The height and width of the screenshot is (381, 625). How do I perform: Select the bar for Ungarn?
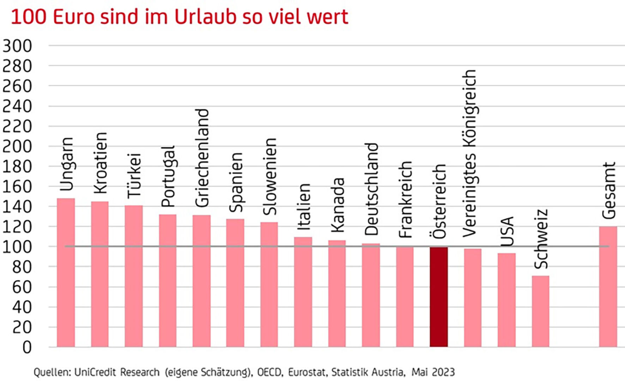(x=66, y=272)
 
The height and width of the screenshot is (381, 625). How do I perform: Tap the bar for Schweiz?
(x=540, y=311)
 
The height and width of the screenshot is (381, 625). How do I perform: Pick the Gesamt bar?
(x=608, y=286)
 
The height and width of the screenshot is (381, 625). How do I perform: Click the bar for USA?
(x=506, y=300)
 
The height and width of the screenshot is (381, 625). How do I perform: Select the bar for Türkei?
(x=134, y=276)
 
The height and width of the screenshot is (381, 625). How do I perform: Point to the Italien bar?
(x=303, y=292)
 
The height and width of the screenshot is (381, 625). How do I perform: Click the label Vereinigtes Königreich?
(x=470, y=153)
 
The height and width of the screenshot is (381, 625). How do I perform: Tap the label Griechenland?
(x=202, y=158)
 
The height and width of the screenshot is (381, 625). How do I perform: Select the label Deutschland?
(x=371, y=189)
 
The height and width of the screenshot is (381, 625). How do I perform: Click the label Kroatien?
(x=100, y=163)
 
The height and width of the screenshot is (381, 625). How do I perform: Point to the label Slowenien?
(x=270, y=176)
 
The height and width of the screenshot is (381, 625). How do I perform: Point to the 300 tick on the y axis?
(x=17, y=46)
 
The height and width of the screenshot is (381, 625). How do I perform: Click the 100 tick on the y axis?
(x=17, y=247)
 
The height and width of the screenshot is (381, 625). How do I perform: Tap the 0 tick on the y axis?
(x=27, y=347)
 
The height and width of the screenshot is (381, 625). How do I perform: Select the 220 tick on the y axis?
(x=17, y=126)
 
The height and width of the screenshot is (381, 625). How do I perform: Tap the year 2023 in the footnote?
(x=443, y=372)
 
